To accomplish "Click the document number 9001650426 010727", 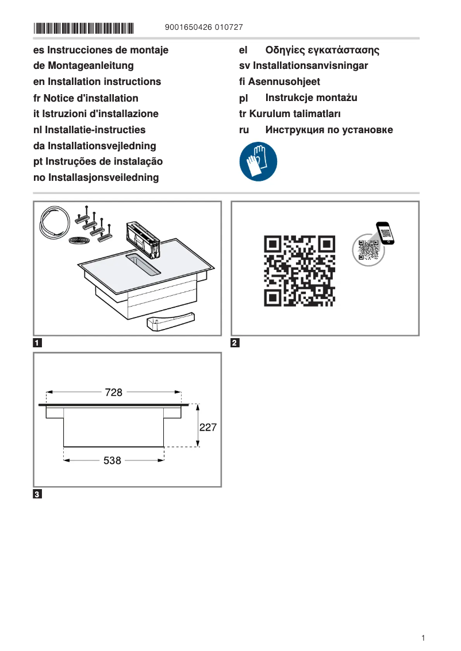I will (203, 28).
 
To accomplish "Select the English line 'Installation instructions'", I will (97, 82).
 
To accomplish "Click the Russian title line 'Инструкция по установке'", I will (329, 130).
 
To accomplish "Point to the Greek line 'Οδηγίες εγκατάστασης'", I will (322, 50).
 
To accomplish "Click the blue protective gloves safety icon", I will (258, 162).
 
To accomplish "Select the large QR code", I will (299, 270).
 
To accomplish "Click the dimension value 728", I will (114, 393).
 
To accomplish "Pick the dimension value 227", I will (208, 427).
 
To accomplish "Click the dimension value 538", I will (113, 460).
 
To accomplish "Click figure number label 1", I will (37, 344).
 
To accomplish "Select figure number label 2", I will (235, 344).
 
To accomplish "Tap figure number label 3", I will (37, 494).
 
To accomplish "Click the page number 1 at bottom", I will (423, 638).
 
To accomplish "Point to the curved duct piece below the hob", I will (170, 323).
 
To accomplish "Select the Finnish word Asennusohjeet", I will (284, 82).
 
